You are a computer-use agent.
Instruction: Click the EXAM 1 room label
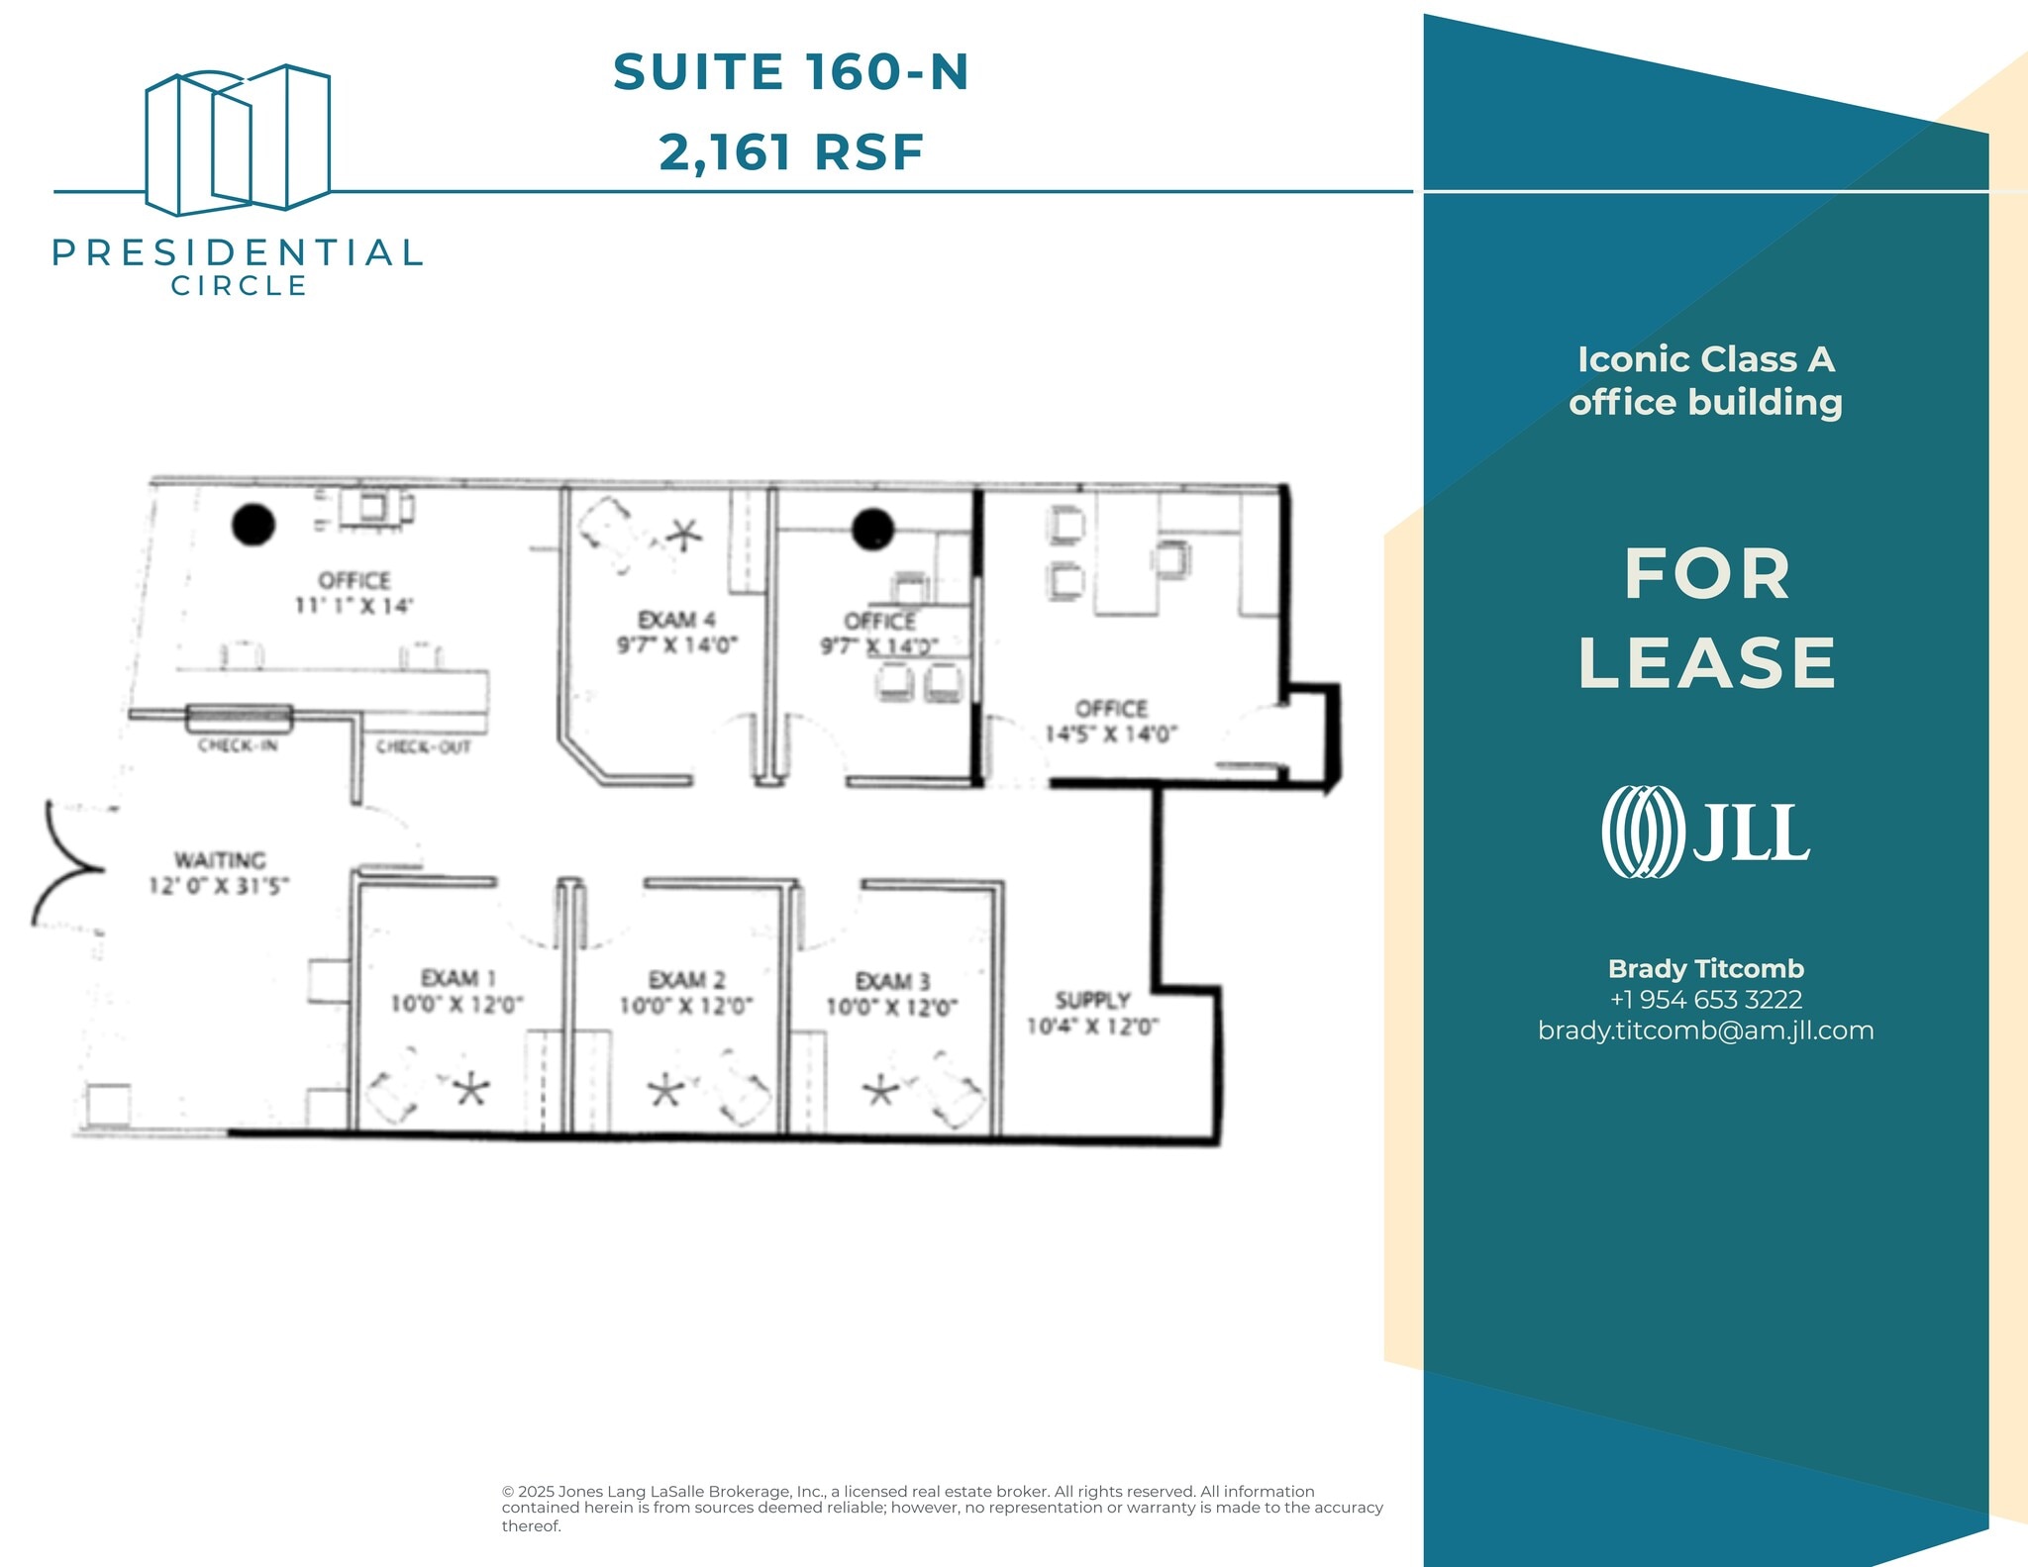pyautogui.click(x=457, y=978)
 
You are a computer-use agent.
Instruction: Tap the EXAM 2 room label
pyautogui.click(x=686, y=980)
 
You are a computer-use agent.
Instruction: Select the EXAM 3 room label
pyautogui.click(x=892, y=981)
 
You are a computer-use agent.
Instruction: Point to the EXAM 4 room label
pyautogui.click(x=676, y=620)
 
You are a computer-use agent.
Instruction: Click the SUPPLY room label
pyautogui.click(x=1092, y=1000)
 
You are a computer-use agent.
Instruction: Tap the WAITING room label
pyautogui.click(x=220, y=859)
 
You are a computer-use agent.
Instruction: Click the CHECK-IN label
pyautogui.click(x=238, y=745)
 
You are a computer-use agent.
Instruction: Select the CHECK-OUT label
pyautogui.click(x=423, y=747)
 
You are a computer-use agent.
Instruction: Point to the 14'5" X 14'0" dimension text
pyautogui.click(x=1111, y=735)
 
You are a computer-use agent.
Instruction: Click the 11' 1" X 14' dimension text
pyautogui.click(x=354, y=606)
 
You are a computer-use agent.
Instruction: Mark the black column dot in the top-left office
pyautogui.click(x=253, y=525)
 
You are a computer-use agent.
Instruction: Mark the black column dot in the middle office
pyautogui.click(x=873, y=529)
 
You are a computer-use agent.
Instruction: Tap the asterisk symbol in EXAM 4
pyautogui.click(x=683, y=536)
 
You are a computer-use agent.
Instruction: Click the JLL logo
pyautogui.click(x=1705, y=832)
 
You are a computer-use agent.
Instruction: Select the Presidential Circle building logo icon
pyautogui.click(x=238, y=141)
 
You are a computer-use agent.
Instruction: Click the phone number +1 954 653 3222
pyautogui.click(x=1705, y=1000)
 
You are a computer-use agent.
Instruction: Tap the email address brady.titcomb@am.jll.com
pyautogui.click(x=1705, y=1030)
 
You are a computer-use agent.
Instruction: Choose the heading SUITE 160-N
pyautogui.click(x=790, y=72)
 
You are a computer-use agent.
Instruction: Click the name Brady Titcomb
pyautogui.click(x=1705, y=968)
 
